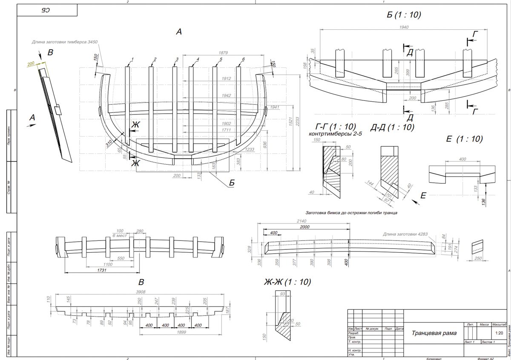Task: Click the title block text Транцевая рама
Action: coord(434,333)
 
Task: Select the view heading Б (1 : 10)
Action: coord(403,15)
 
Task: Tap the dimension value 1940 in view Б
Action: coord(404,27)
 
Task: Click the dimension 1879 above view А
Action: coord(223,53)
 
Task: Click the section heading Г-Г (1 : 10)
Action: coord(335,127)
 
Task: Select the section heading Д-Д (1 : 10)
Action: coord(392,127)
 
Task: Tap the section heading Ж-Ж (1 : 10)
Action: coord(287,282)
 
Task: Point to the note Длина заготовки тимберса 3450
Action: coord(65,42)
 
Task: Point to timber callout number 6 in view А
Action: coord(243,59)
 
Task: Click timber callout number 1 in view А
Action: coord(132,59)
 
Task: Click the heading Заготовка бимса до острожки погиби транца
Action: coord(351,212)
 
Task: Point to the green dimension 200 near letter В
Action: coord(31,63)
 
